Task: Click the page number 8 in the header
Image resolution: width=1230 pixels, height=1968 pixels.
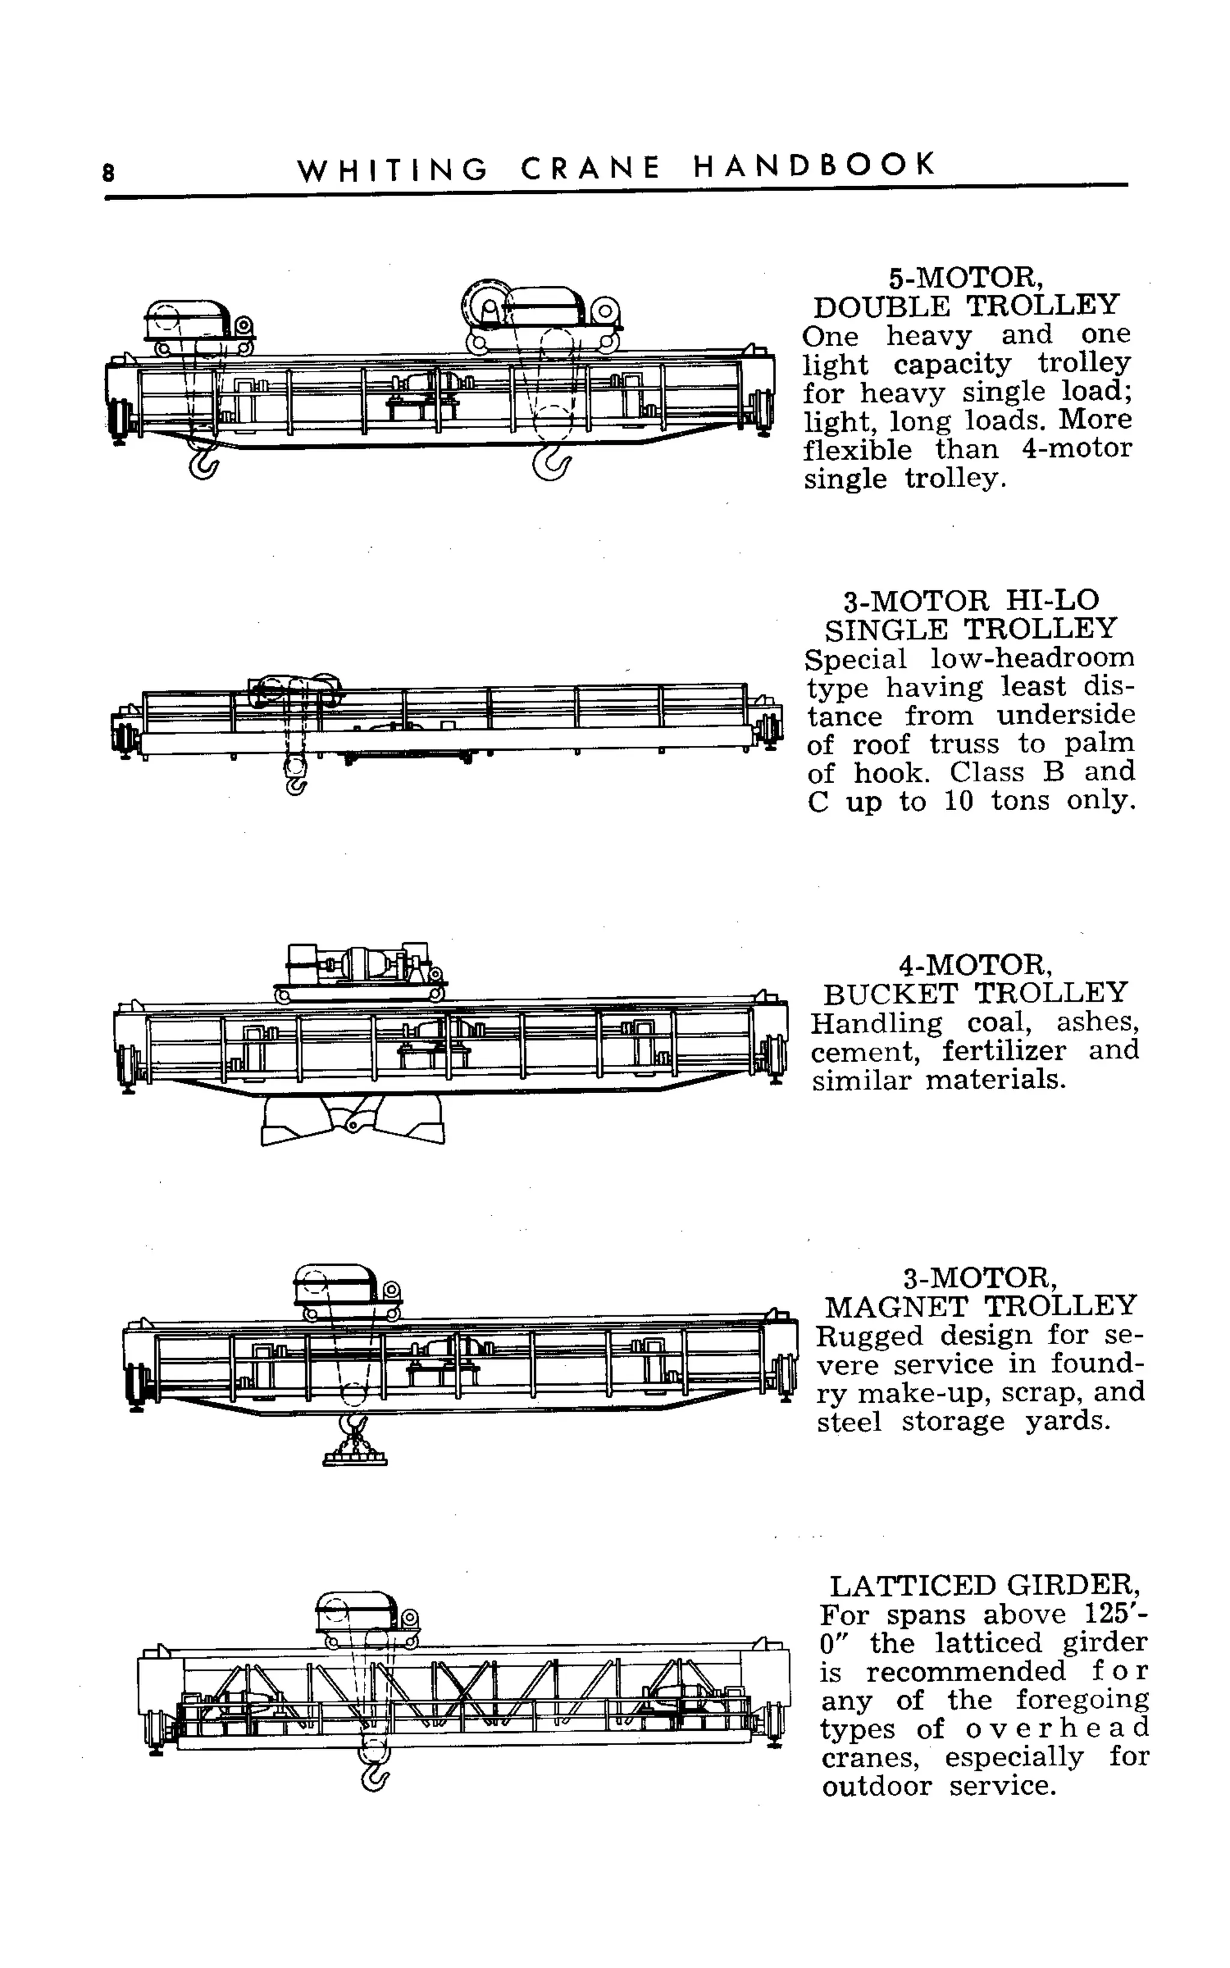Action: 108,173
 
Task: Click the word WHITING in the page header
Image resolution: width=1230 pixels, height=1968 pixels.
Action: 393,170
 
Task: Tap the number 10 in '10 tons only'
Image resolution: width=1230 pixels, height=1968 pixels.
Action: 959,802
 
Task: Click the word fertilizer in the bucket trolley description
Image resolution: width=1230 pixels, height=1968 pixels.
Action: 1004,1052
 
